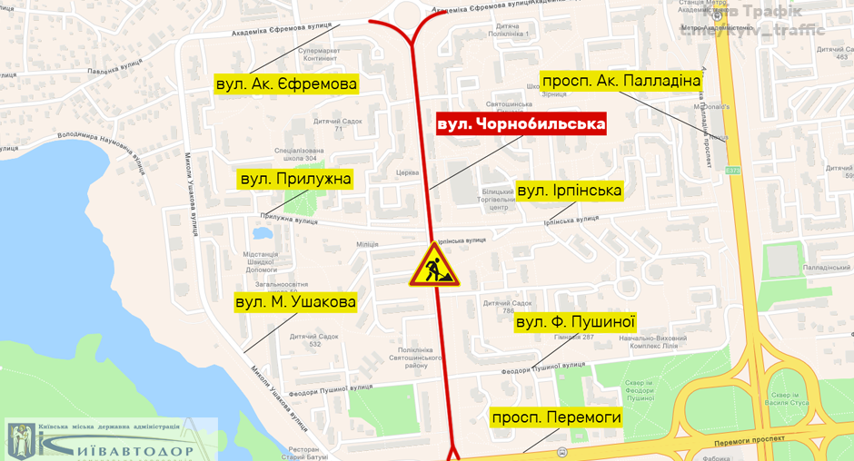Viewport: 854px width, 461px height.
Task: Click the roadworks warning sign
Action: pyautogui.click(x=434, y=265)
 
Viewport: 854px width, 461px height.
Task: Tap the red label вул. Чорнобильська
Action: pyautogui.click(x=521, y=123)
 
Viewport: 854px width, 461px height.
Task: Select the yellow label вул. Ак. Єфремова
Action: pyautogui.click(x=286, y=84)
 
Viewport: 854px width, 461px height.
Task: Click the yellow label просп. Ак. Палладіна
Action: pyautogui.click(x=621, y=81)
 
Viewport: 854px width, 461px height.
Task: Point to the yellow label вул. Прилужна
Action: pyautogui.click(x=294, y=179)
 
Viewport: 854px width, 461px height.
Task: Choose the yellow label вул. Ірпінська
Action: pyautogui.click(x=569, y=191)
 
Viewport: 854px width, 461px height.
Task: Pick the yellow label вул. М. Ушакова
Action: pyautogui.click(x=295, y=301)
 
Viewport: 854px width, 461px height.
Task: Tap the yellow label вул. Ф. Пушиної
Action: pyautogui.click(x=574, y=321)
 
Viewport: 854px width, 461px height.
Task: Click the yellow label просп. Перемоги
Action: pyautogui.click(x=556, y=417)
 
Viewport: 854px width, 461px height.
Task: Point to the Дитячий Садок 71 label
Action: pyautogui.click(x=337, y=125)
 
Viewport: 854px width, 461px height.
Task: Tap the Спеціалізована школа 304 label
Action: pyautogui.click(x=299, y=154)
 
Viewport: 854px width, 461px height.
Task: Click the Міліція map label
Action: pyautogui.click(x=367, y=244)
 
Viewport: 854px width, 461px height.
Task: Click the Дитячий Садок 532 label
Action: pyautogui.click(x=313, y=340)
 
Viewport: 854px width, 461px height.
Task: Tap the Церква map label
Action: pyautogui.click(x=408, y=172)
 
